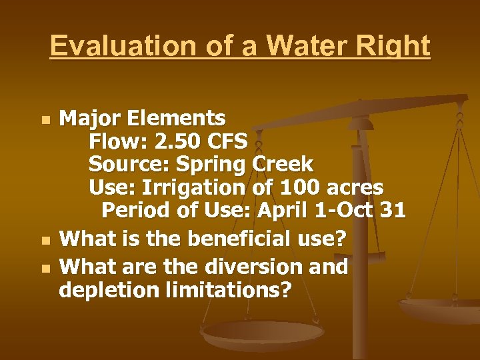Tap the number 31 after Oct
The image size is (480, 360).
coord(391,211)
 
